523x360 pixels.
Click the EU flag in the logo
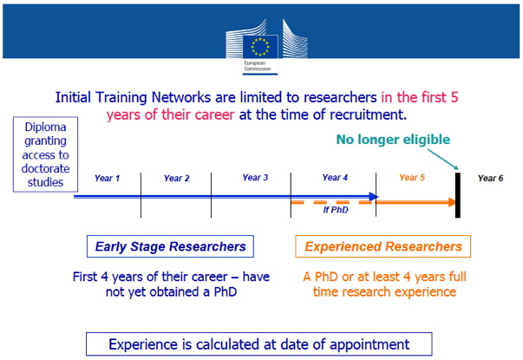260,46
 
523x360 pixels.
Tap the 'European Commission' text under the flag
258,66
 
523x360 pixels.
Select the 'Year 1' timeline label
107,178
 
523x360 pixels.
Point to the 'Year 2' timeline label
176,178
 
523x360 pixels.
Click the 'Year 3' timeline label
255,178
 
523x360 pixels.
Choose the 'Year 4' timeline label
335,178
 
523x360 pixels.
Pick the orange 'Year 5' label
412,178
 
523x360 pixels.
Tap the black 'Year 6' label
490,178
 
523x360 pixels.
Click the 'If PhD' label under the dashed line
336,210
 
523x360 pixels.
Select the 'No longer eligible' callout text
393,140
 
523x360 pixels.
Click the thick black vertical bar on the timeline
458,195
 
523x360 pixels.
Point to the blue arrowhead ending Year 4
374,197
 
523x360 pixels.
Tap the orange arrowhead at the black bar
452,202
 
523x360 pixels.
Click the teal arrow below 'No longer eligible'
443,160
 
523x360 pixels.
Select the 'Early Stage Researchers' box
170,246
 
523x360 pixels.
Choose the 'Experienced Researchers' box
382,246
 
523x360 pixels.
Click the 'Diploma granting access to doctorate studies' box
45,154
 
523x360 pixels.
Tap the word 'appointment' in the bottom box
369,345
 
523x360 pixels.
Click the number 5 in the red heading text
454,97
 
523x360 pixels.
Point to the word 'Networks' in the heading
181,97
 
